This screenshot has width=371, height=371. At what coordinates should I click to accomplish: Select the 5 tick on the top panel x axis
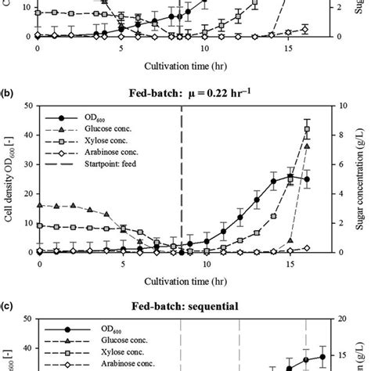pyautogui.click(x=121, y=49)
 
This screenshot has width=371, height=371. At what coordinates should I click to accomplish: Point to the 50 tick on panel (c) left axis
pyautogui.click(x=27, y=319)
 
